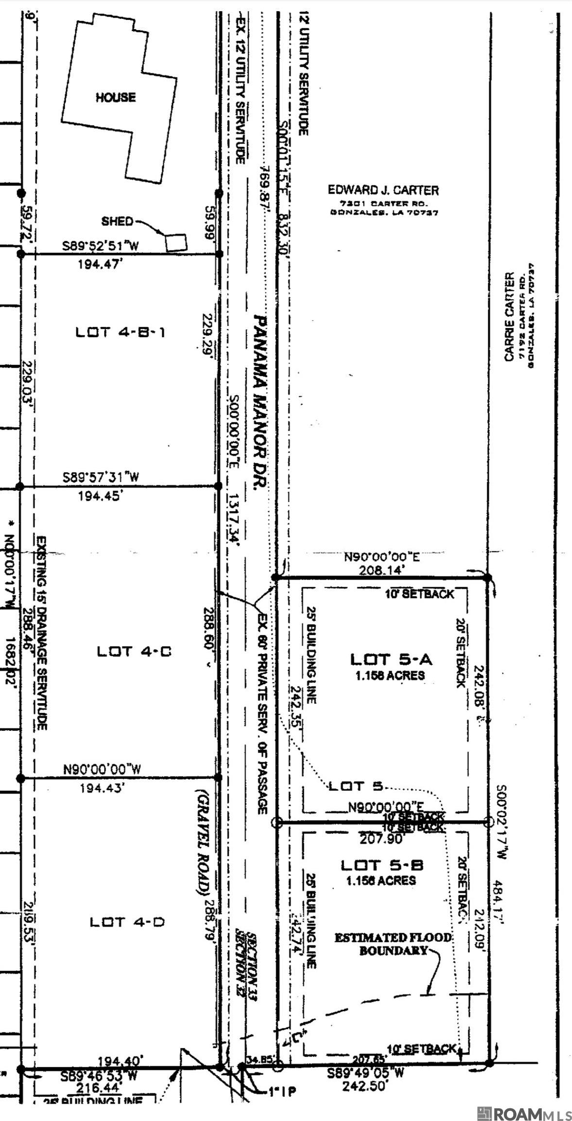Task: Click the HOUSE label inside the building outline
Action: [x=115, y=97]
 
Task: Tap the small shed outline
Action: [x=177, y=242]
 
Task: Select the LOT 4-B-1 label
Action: [x=121, y=332]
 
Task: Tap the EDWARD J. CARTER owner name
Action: [x=383, y=190]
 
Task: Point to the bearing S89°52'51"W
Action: [x=101, y=246]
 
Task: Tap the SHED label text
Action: [x=117, y=221]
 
